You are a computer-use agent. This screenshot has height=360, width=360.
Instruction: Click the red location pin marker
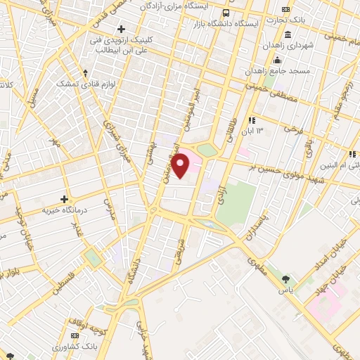(181, 166)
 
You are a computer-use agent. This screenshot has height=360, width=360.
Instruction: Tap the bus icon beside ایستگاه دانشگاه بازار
(225, 13)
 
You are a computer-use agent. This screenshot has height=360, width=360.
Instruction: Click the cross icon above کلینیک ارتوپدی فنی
(122, 29)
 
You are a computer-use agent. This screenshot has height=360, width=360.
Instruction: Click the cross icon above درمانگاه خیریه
(63, 199)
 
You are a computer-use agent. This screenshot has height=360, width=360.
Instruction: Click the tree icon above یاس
(285, 280)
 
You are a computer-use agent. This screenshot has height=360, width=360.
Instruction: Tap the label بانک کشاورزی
(75, 347)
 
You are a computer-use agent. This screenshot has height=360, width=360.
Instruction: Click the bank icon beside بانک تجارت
(285, 9)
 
